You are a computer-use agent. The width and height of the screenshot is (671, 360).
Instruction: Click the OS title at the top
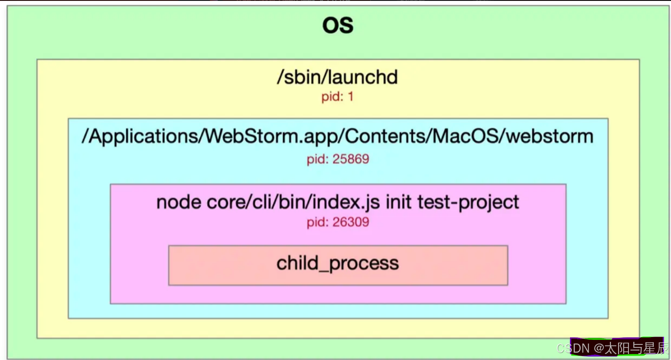(338, 25)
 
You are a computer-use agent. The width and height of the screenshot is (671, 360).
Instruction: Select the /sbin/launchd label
(337, 77)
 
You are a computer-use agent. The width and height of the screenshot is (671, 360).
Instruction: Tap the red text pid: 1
(337, 96)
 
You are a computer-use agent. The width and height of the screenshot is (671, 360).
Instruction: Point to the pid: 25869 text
(338, 159)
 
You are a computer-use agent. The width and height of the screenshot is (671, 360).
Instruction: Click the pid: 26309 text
(338, 222)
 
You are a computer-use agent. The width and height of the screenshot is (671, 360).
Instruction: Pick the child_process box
(338, 265)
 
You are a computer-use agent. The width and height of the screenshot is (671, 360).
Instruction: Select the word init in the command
(398, 202)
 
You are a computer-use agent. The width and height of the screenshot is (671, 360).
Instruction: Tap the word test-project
(468, 202)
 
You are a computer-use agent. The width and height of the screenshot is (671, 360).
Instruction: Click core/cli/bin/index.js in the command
(293, 202)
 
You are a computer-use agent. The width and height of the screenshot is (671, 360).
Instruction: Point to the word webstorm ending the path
(550, 136)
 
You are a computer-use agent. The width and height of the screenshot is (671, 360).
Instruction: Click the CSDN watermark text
(573, 348)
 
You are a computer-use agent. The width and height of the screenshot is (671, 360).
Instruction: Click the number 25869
(350, 159)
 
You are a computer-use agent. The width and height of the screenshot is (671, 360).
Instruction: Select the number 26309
(350, 222)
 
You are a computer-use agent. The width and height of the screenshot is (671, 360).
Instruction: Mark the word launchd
(363, 77)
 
